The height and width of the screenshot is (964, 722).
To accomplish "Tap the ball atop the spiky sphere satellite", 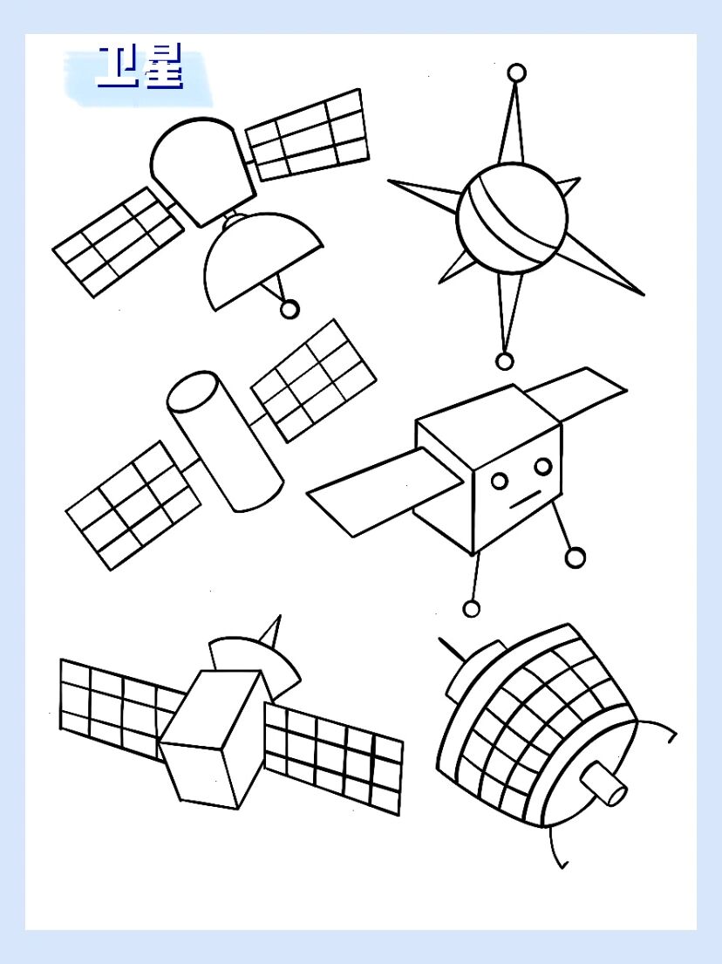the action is (517, 72).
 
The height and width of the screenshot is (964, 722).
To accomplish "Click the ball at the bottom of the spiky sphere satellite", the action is (504, 361).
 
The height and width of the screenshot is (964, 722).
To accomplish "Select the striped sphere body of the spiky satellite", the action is (513, 217).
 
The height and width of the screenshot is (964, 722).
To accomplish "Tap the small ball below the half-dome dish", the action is (289, 309).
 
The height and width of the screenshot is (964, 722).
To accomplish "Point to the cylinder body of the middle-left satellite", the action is (225, 441).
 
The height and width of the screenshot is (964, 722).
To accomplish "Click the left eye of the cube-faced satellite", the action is (500, 480).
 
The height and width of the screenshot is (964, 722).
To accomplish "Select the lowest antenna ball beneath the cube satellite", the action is (471, 609).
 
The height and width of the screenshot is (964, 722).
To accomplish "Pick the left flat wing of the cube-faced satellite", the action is (384, 492).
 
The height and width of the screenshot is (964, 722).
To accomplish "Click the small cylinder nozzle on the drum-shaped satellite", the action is (603, 782).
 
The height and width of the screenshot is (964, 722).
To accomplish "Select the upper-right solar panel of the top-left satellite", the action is (307, 134).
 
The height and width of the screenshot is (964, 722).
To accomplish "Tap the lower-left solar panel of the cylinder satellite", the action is (133, 505).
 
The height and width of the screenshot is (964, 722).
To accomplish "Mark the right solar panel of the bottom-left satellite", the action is (334, 759).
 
